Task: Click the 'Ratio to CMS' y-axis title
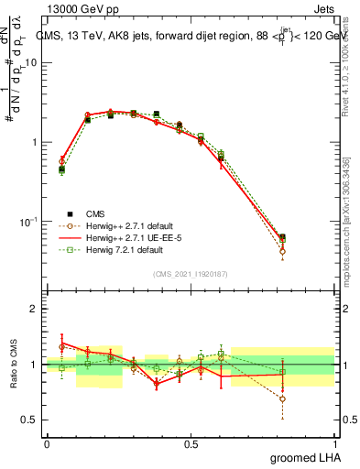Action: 12,365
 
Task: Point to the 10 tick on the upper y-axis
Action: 30,62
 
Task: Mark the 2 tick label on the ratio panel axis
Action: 33,309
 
